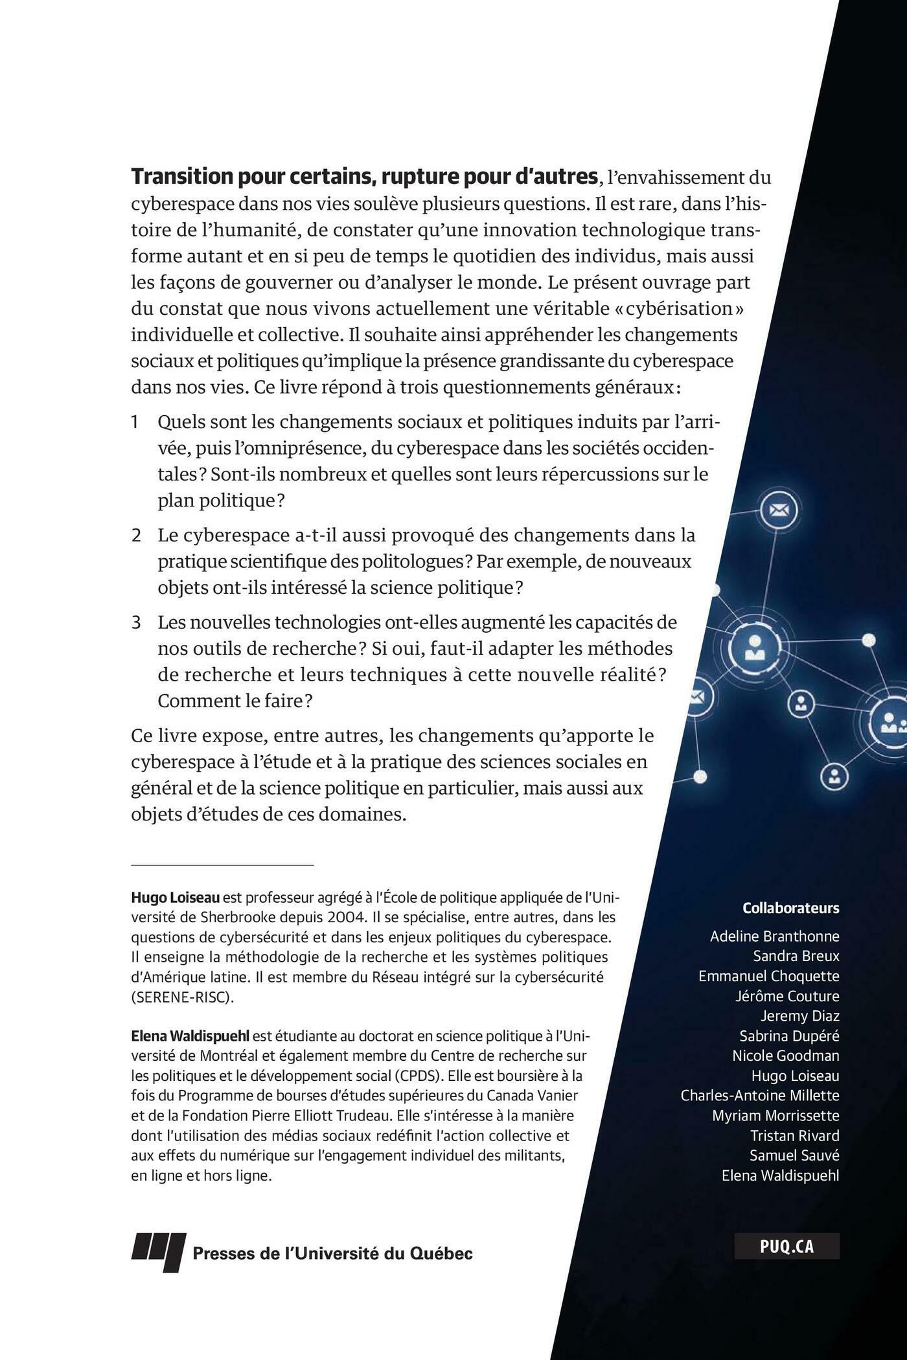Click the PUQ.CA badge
click(786, 1247)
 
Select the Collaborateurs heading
click(790, 908)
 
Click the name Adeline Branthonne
click(774, 936)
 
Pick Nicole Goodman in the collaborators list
click(785, 1056)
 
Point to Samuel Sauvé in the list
click(794, 1155)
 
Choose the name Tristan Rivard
click(794, 1135)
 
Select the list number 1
click(135, 422)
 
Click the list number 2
click(136, 536)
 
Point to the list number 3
click(136, 623)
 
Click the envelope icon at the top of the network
click(777, 511)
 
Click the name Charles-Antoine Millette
click(759, 1095)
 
